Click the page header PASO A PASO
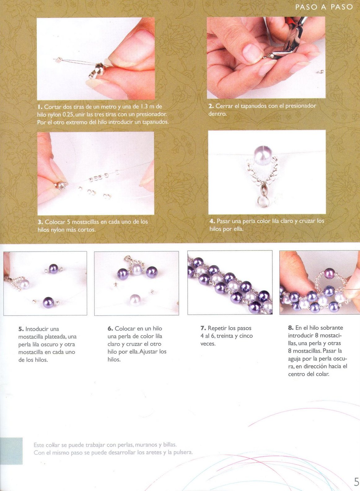(x=324, y=7)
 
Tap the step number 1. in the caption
(x=40, y=107)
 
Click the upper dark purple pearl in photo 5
(x=53, y=268)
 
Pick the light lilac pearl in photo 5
(x=24, y=284)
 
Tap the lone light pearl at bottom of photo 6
(x=135, y=300)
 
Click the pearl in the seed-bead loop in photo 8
(x=329, y=274)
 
